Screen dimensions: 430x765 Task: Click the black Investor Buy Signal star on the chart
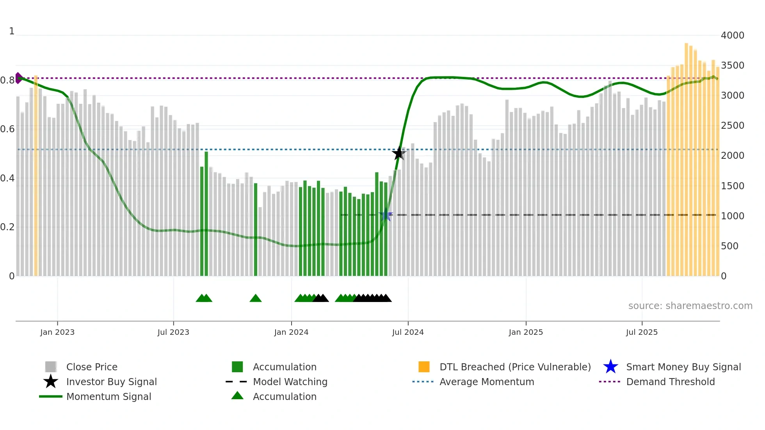coord(398,154)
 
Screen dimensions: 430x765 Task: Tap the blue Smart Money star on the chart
coord(386,215)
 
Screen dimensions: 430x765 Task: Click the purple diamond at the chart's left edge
coord(18,78)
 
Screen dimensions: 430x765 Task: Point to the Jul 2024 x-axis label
coord(408,332)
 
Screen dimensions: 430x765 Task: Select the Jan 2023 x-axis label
coord(57,332)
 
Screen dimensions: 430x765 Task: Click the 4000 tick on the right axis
coord(732,36)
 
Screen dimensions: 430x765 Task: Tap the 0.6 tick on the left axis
coord(7,129)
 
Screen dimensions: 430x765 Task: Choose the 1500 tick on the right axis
coord(732,186)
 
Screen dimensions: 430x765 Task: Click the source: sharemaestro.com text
coord(690,306)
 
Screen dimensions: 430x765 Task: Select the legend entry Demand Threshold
coord(670,382)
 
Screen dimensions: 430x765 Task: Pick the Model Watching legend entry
coord(290,382)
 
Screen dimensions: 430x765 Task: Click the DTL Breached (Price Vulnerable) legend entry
coord(515,367)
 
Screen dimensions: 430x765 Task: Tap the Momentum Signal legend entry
coord(109,397)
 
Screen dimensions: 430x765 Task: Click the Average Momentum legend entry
coord(486,382)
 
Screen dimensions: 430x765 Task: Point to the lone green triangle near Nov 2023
coord(256,299)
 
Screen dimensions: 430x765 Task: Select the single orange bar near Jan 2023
coord(36,176)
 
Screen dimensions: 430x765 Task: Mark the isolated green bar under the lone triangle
coord(256,230)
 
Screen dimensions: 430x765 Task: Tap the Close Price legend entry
coord(92,367)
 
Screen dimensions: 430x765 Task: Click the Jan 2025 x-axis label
coord(526,332)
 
